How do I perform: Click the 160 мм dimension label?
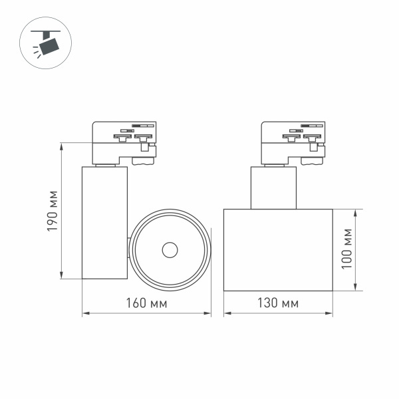pos(146,303)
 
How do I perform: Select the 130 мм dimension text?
pos(279,303)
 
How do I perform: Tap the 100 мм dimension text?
pos(346,249)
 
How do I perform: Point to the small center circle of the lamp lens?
pos(170,250)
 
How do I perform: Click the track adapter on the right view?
pos(293,142)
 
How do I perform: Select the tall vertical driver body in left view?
pos(104,222)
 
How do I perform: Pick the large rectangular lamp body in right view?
pos(278,249)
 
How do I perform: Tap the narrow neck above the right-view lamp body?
pos(273,188)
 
